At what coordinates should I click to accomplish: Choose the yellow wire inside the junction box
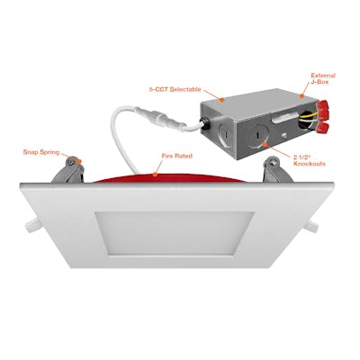(x=300, y=131)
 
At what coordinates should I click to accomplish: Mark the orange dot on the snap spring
(x=79, y=160)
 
